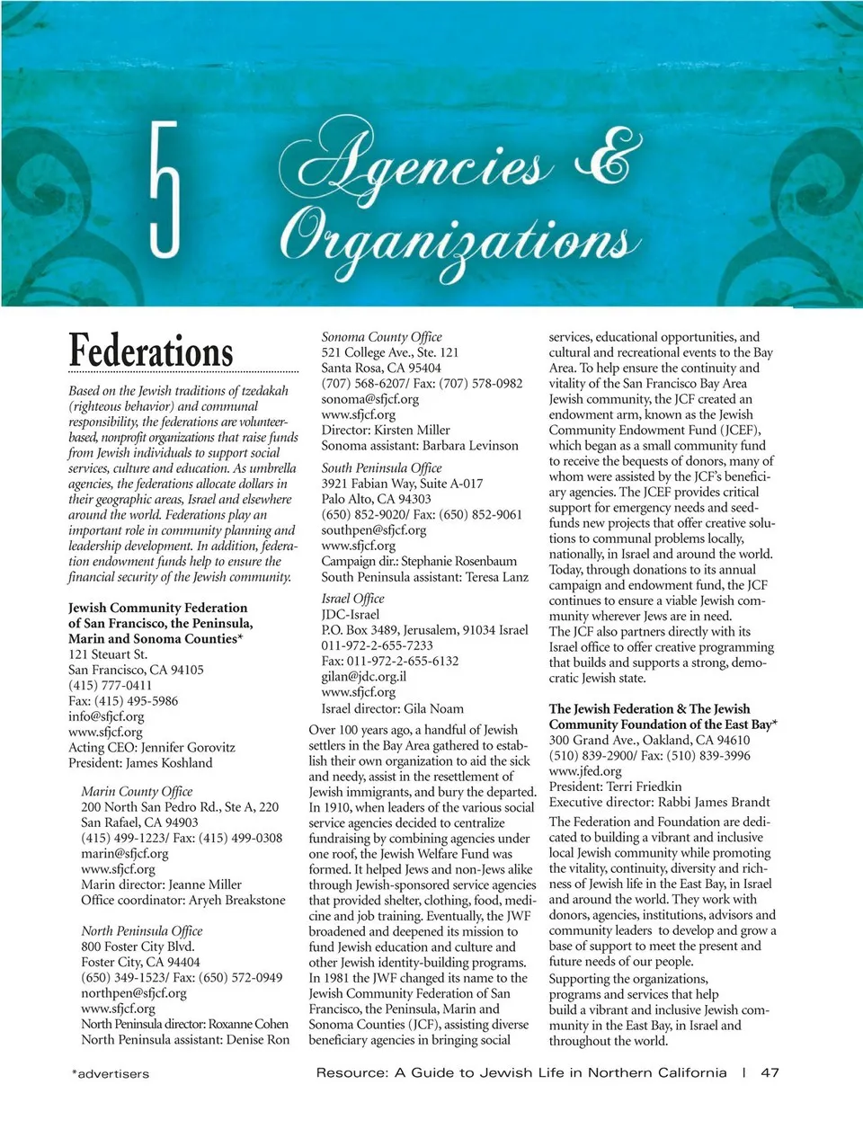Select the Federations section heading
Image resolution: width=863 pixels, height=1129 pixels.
(x=151, y=351)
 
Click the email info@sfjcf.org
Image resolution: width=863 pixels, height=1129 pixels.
(x=106, y=716)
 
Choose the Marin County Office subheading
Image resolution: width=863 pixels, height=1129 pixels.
(x=137, y=791)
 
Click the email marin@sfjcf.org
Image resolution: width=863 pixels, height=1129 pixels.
(x=124, y=853)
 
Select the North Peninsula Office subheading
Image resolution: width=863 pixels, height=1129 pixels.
(x=142, y=930)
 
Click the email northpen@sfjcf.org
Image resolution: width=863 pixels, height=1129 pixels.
(x=134, y=993)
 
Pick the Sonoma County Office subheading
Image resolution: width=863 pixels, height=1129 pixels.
(x=382, y=336)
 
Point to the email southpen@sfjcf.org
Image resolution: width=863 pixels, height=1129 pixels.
(x=374, y=529)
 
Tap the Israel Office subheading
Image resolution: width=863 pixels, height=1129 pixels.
(x=353, y=598)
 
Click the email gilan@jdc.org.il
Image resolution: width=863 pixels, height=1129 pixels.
(x=364, y=676)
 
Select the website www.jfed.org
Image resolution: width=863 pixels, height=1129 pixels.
(x=585, y=770)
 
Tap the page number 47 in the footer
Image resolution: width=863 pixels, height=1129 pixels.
(x=770, y=1072)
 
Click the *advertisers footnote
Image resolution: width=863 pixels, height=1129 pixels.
(x=111, y=1073)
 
